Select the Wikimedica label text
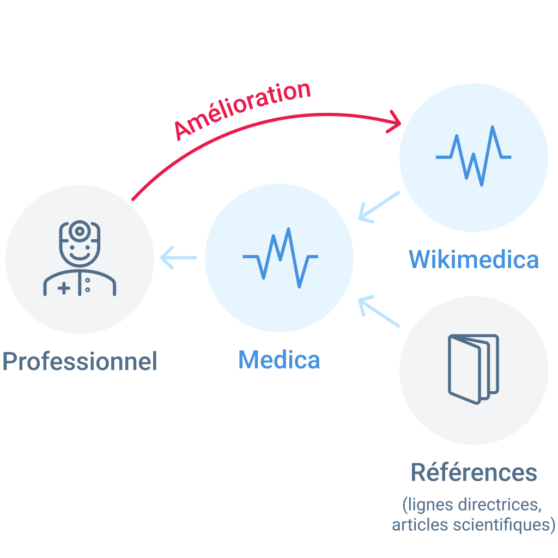[x=474, y=259]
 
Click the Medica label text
[x=279, y=360]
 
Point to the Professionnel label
[x=80, y=361]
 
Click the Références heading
[x=474, y=472]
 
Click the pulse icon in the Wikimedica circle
[x=473, y=156]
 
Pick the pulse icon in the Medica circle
[x=280, y=257]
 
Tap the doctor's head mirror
[x=80, y=231]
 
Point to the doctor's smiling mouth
[x=80, y=255]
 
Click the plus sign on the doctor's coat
[x=64, y=288]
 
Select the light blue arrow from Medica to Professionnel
[x=179, y=257]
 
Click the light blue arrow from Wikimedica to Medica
[x=378, y=207]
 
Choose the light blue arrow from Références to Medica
[x=378, y=312]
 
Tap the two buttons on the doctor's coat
[x=88, y=284]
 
